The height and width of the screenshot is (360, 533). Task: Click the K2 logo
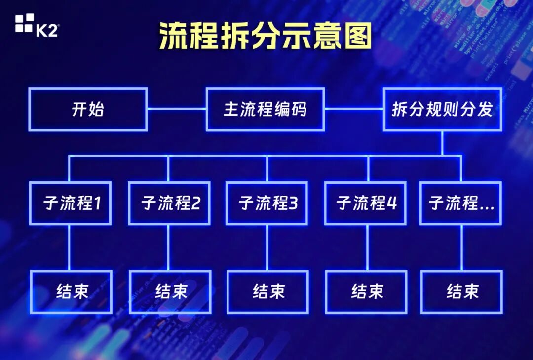tap(36, 26)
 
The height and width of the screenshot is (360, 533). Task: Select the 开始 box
tap(88, 109)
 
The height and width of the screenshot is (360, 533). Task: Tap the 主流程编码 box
tap(265, 109)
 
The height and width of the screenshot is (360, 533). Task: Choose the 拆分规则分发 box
tap(442, 109)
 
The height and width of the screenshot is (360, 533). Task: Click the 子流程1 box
tap(71, 203)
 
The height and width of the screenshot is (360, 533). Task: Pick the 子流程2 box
tap(169, 203)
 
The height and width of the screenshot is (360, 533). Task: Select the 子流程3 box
tap(267, 203)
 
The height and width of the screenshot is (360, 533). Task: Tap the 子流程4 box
tap(366, 203)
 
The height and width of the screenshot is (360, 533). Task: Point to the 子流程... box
tap(461, 203)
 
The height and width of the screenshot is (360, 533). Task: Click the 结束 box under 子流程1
tap(72, 291)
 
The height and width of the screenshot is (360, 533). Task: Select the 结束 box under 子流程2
tap(170, 291)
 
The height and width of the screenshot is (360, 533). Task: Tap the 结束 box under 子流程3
tap(267, 291)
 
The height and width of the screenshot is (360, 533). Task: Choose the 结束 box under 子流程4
tap(366, 291)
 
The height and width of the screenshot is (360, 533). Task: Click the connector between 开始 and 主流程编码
tap(176, 109)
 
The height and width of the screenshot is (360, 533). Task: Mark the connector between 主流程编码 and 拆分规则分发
tap(353, 109)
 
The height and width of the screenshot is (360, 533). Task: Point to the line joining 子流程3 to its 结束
tap(267, 247)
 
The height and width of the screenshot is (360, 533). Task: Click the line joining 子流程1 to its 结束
tap(69, 247)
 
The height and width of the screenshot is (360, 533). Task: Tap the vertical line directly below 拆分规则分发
tap(442, 143)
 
